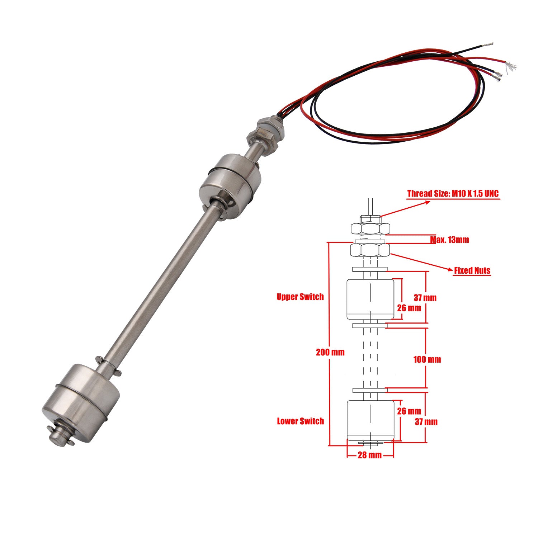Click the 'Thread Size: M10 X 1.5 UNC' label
point(453,194)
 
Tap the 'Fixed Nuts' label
point(472,270)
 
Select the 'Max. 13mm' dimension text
point(450,240)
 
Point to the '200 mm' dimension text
point(330,352)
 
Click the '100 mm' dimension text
point(427,359)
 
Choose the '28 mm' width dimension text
point(370,455)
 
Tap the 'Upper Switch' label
point(300,297)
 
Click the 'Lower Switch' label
point(300,421)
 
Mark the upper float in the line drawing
point(371,299)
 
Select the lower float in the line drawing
point(371,420)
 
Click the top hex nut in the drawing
point(371,228)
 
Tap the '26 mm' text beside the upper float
point(409,308)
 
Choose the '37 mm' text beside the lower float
point(426,422)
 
